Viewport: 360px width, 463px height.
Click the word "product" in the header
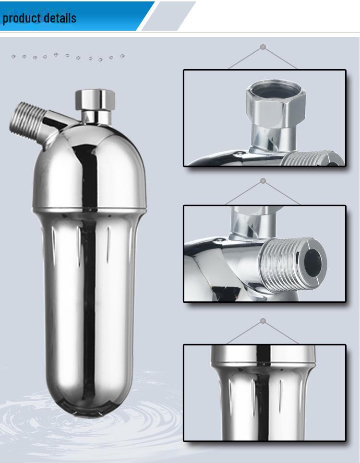21,18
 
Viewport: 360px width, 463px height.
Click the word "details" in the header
59,18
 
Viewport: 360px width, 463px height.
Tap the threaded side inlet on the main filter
27,121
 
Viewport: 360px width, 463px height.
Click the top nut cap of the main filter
95,99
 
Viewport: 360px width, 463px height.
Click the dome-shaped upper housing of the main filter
89,166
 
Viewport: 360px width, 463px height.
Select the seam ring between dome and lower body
89,210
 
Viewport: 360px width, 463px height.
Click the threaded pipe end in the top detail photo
312,158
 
